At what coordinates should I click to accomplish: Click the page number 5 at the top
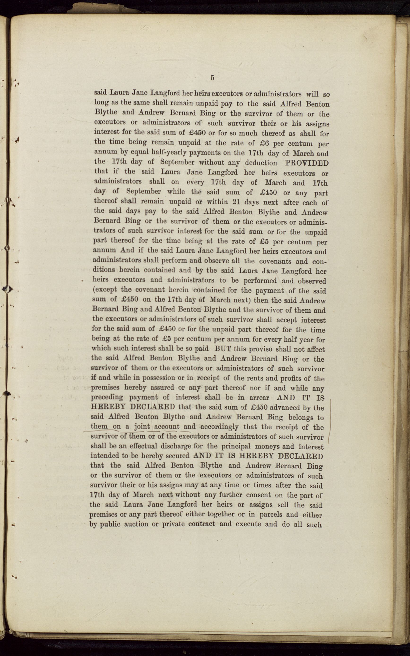tap(212, 78)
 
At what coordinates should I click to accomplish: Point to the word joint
tap(142, 426)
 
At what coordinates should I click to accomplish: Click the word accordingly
tap(219, 427)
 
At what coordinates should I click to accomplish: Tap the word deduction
tap(261, 163)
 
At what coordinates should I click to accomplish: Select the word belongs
tap(301, 417)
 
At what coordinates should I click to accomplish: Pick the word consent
tap(258, 494)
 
